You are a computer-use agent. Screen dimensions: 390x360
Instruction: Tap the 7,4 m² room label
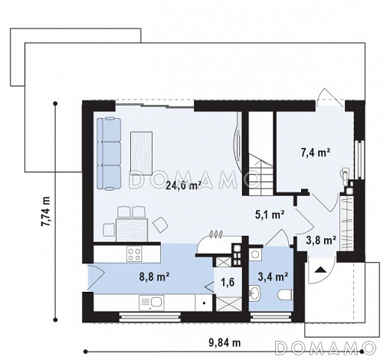[x=316, y=153]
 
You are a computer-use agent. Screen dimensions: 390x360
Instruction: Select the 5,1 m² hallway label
[x=270, y=214]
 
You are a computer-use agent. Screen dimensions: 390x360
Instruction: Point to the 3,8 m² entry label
[x=321, y=241]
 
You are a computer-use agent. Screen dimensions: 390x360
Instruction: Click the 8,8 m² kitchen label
[x=155, y=277]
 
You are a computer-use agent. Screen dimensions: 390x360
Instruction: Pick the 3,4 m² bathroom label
[x=274, y=277]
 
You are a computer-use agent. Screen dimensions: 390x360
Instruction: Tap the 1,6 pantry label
[x=228, y=283]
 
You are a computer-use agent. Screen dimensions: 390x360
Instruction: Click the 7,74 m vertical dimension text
[x=46, y=211]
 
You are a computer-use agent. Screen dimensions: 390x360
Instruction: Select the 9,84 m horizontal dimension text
[x=224, y=343]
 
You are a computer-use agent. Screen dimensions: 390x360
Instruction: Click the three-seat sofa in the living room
[x=109, y=153]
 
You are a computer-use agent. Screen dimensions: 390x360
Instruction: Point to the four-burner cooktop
[x=134, y=254]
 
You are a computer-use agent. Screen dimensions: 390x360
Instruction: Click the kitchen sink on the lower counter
[x=151, y=303]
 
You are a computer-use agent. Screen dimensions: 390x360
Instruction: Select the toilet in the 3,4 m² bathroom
[x=285, y=295]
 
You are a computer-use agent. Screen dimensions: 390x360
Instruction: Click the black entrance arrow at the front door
[x=320, y=270]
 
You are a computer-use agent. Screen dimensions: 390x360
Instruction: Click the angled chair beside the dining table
[x=160, y=224]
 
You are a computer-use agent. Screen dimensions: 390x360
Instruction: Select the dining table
[x=132, y=230]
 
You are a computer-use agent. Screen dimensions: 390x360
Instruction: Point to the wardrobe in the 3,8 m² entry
[x=346, y=222]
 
